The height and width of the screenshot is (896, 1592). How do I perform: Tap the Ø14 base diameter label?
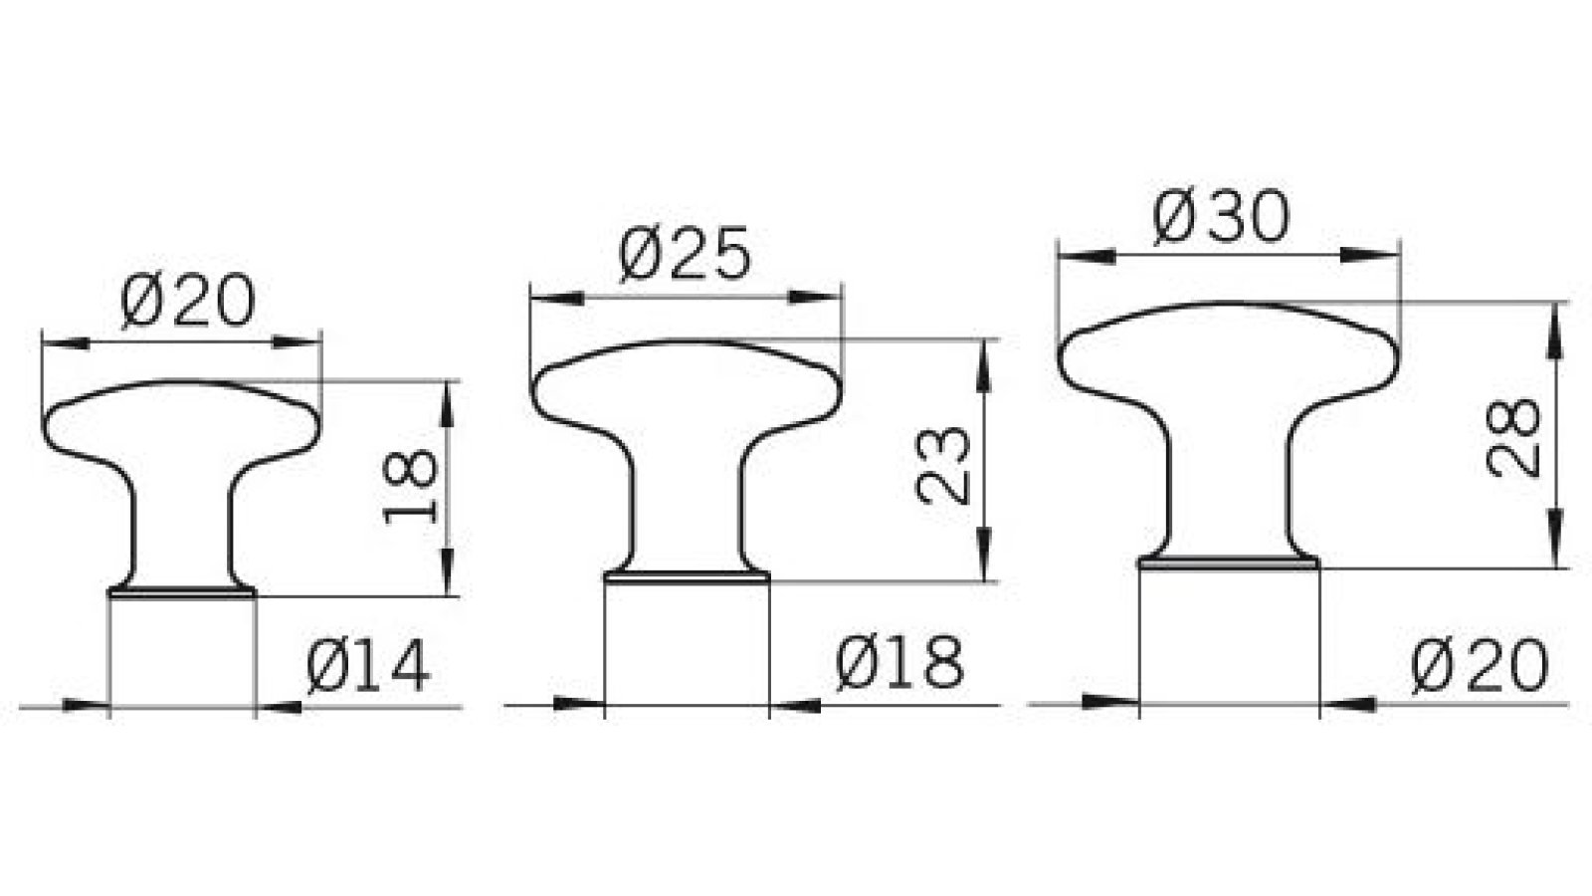click(368, 666)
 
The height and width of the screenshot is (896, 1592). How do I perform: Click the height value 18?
click(410, 486)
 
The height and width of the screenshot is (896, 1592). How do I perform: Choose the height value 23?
click(943, 465)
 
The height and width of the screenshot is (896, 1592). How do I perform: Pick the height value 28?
click(1514, 438)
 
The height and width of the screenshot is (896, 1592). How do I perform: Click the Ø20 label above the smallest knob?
click(188, 301)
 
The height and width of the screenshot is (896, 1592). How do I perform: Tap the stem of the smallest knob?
click(181, 528)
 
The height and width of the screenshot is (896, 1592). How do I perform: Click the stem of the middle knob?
click(687, 508)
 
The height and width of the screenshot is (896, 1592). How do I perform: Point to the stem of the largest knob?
click(1230, 488)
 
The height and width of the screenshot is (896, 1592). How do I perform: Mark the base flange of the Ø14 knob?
click(181, 593)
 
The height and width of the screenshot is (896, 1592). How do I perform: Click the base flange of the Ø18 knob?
click(687, 574)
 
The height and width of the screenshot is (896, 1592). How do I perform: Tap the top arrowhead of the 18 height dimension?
click(448, 393)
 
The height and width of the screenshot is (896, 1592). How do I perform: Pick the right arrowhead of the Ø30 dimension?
click(1378, 255)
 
